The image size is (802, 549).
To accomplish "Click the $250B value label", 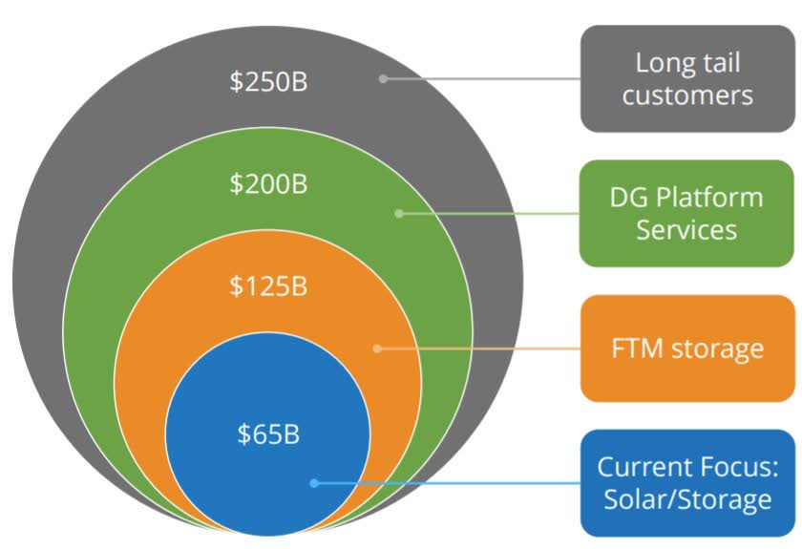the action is tap(268, 81).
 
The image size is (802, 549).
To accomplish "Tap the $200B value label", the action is tap(268, 183).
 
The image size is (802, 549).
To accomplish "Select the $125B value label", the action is tap(268, 285).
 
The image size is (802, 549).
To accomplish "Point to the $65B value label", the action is tap(268, 433).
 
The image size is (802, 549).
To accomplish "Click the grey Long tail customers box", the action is tap(688, 79).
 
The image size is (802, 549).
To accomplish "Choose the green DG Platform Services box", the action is tap(686, 213).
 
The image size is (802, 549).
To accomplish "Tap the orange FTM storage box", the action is tap(688, 348).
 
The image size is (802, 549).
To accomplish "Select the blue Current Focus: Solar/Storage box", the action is tap(688, 483).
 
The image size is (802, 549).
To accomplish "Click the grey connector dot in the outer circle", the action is tap(383, 79).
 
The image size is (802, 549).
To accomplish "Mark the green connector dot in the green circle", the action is tap(399, 213).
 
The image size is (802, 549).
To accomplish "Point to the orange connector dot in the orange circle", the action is tap(377, 348).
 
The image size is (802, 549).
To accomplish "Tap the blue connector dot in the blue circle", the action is tap(314, 483).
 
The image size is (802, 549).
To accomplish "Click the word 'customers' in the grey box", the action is tap(687, 95).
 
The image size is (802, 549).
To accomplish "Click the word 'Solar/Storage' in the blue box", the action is tap(687, 499).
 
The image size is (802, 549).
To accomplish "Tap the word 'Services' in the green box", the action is tap(686, 230).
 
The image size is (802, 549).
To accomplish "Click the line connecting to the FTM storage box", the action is tap(478, 348).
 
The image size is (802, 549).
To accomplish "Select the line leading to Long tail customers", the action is tap(482, 79).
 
